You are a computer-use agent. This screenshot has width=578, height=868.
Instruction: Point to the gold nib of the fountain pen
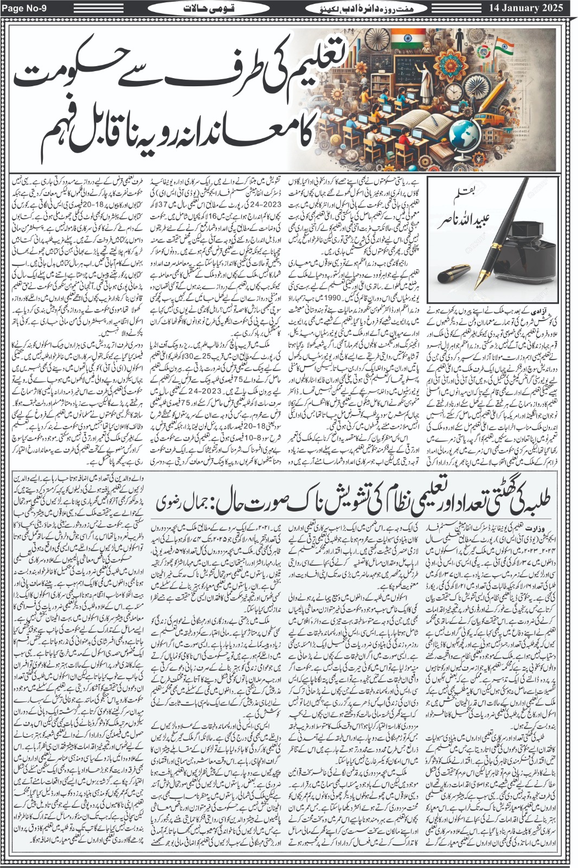coord(481,282)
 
